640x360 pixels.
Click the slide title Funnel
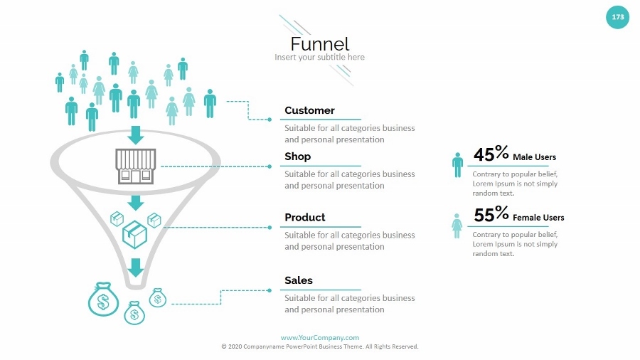coord(319,43)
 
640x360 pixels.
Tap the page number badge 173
coord(617,17)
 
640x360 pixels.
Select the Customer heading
coord(309,110)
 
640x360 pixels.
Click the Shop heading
coord(297,157)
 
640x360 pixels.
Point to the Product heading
coord(304,217)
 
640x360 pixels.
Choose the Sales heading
coord(298,280)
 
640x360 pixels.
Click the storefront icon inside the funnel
coord(135,166)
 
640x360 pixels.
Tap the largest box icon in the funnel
coord(134,233)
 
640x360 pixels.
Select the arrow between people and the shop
coord(135,134)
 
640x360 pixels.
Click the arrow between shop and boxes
coord(135,202)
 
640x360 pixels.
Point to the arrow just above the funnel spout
coord(135,267)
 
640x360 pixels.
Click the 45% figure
coord(491,154)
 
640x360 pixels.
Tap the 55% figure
coord(491,214)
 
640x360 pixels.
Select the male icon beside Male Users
coord(457,164)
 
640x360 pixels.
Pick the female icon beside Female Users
coord(457,225)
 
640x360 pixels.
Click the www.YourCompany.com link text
coord(319,337)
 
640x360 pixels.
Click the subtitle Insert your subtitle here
coord(319,57)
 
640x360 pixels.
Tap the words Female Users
coord(538,218)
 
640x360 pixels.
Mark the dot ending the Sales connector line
coord(270,290)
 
